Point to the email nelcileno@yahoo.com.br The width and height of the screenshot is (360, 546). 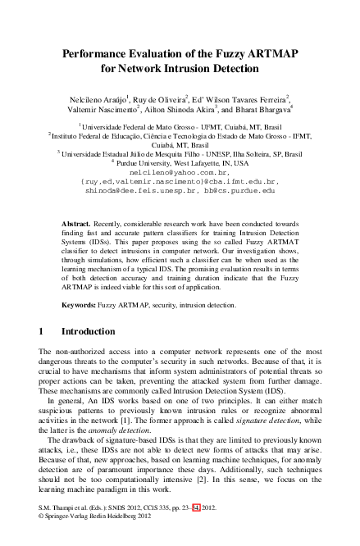179,172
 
